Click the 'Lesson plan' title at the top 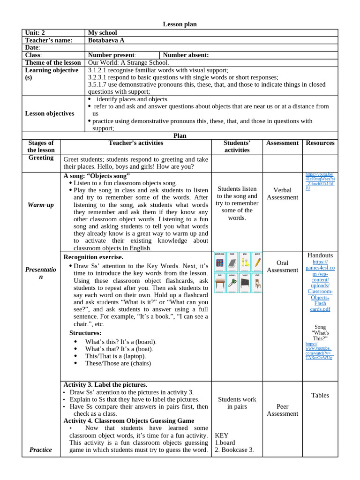(x=180, y=24)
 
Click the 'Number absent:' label (x=186, y=55)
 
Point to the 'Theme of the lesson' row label (x=53, y=63)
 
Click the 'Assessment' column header (x=282, y=143)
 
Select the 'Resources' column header (x=320, y=143)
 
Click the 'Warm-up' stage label (x=40, y=205)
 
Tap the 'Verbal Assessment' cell (x=282, y=194)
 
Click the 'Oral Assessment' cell (x=282, y=266)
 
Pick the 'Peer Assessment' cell (x=282, y=410)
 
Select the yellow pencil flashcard (x=257, y=262)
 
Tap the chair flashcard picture (x=257, y=283)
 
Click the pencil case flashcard (x=219, y=262)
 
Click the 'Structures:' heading (x=85, y=333)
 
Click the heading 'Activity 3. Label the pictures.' (x=105, y=384)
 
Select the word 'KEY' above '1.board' (x=222, y=435)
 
